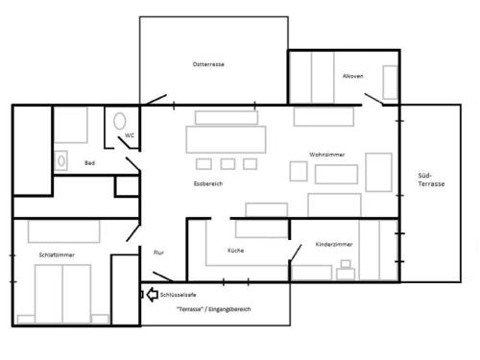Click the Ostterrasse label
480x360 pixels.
click(208, 64)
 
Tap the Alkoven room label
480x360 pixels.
click(353, 76)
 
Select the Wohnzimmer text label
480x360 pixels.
click(327, 155)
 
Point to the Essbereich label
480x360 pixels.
click(208, 183)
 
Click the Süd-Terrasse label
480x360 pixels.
click(431, 180)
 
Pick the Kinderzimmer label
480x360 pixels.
click(334, 244)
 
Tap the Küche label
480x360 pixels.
click(236, 251)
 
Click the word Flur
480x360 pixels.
click(158, 252)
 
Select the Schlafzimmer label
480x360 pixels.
click(57, 255)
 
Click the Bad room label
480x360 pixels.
click(89, 163)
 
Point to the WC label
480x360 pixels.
click(130, 135)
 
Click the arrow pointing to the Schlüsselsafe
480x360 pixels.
click(153, 295)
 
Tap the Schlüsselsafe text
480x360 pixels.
click(179, 295)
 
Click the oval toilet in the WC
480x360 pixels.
click(120, 121)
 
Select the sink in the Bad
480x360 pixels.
click(60, 160)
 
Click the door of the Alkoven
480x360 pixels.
click(373, 99)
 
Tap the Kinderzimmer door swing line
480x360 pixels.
click(296, 253)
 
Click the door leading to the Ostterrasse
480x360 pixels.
click(156, 99)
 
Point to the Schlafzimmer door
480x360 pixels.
click(133, 232)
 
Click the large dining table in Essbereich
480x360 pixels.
click(226, 139)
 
